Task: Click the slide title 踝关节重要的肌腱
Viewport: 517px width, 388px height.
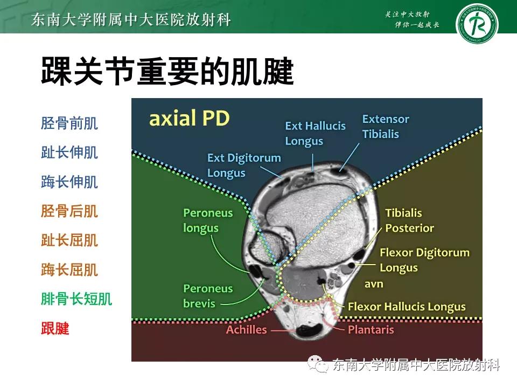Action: coord(167,72)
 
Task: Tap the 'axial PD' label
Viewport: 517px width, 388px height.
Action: coord(189,119)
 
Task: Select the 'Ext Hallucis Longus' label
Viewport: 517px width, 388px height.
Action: coord(315,133)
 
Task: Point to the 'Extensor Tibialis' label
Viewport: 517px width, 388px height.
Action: coord(385,126)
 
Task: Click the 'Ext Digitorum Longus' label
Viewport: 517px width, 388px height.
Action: coord(243,165)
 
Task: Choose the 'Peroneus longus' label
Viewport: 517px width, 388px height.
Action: coord(208,220)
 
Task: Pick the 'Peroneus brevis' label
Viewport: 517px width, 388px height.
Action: coord(208,296)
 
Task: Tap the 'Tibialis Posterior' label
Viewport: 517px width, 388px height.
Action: coord(409,220)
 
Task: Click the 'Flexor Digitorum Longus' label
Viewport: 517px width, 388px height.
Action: coord(424,260)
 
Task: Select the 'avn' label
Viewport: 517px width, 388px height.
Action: coord(374,284)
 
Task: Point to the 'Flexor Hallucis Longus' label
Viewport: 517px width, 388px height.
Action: coord(407,307)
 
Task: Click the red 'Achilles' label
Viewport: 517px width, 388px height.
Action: coord(246,329)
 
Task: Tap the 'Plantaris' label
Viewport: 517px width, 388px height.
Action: coord(371,329)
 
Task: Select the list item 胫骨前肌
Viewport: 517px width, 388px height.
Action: coord(69,123)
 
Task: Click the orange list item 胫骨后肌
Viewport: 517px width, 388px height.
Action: coord(69,211)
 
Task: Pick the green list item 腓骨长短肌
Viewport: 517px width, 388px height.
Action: coord(76,299)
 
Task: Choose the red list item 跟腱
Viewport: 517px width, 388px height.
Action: coord(55,328)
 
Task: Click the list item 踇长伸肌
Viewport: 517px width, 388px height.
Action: coord(69,182)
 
